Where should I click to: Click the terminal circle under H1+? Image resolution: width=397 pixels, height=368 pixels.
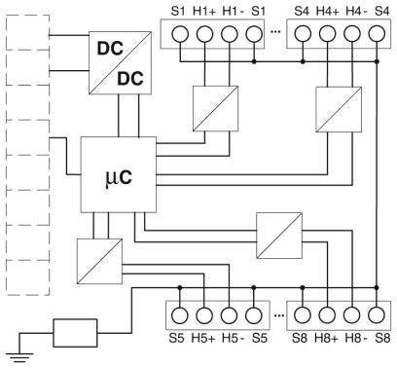(x=204, y=34)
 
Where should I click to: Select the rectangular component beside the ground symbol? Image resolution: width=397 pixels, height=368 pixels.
(x=74, y=334)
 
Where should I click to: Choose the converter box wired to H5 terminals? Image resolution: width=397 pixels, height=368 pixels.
(x=98, y=259)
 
